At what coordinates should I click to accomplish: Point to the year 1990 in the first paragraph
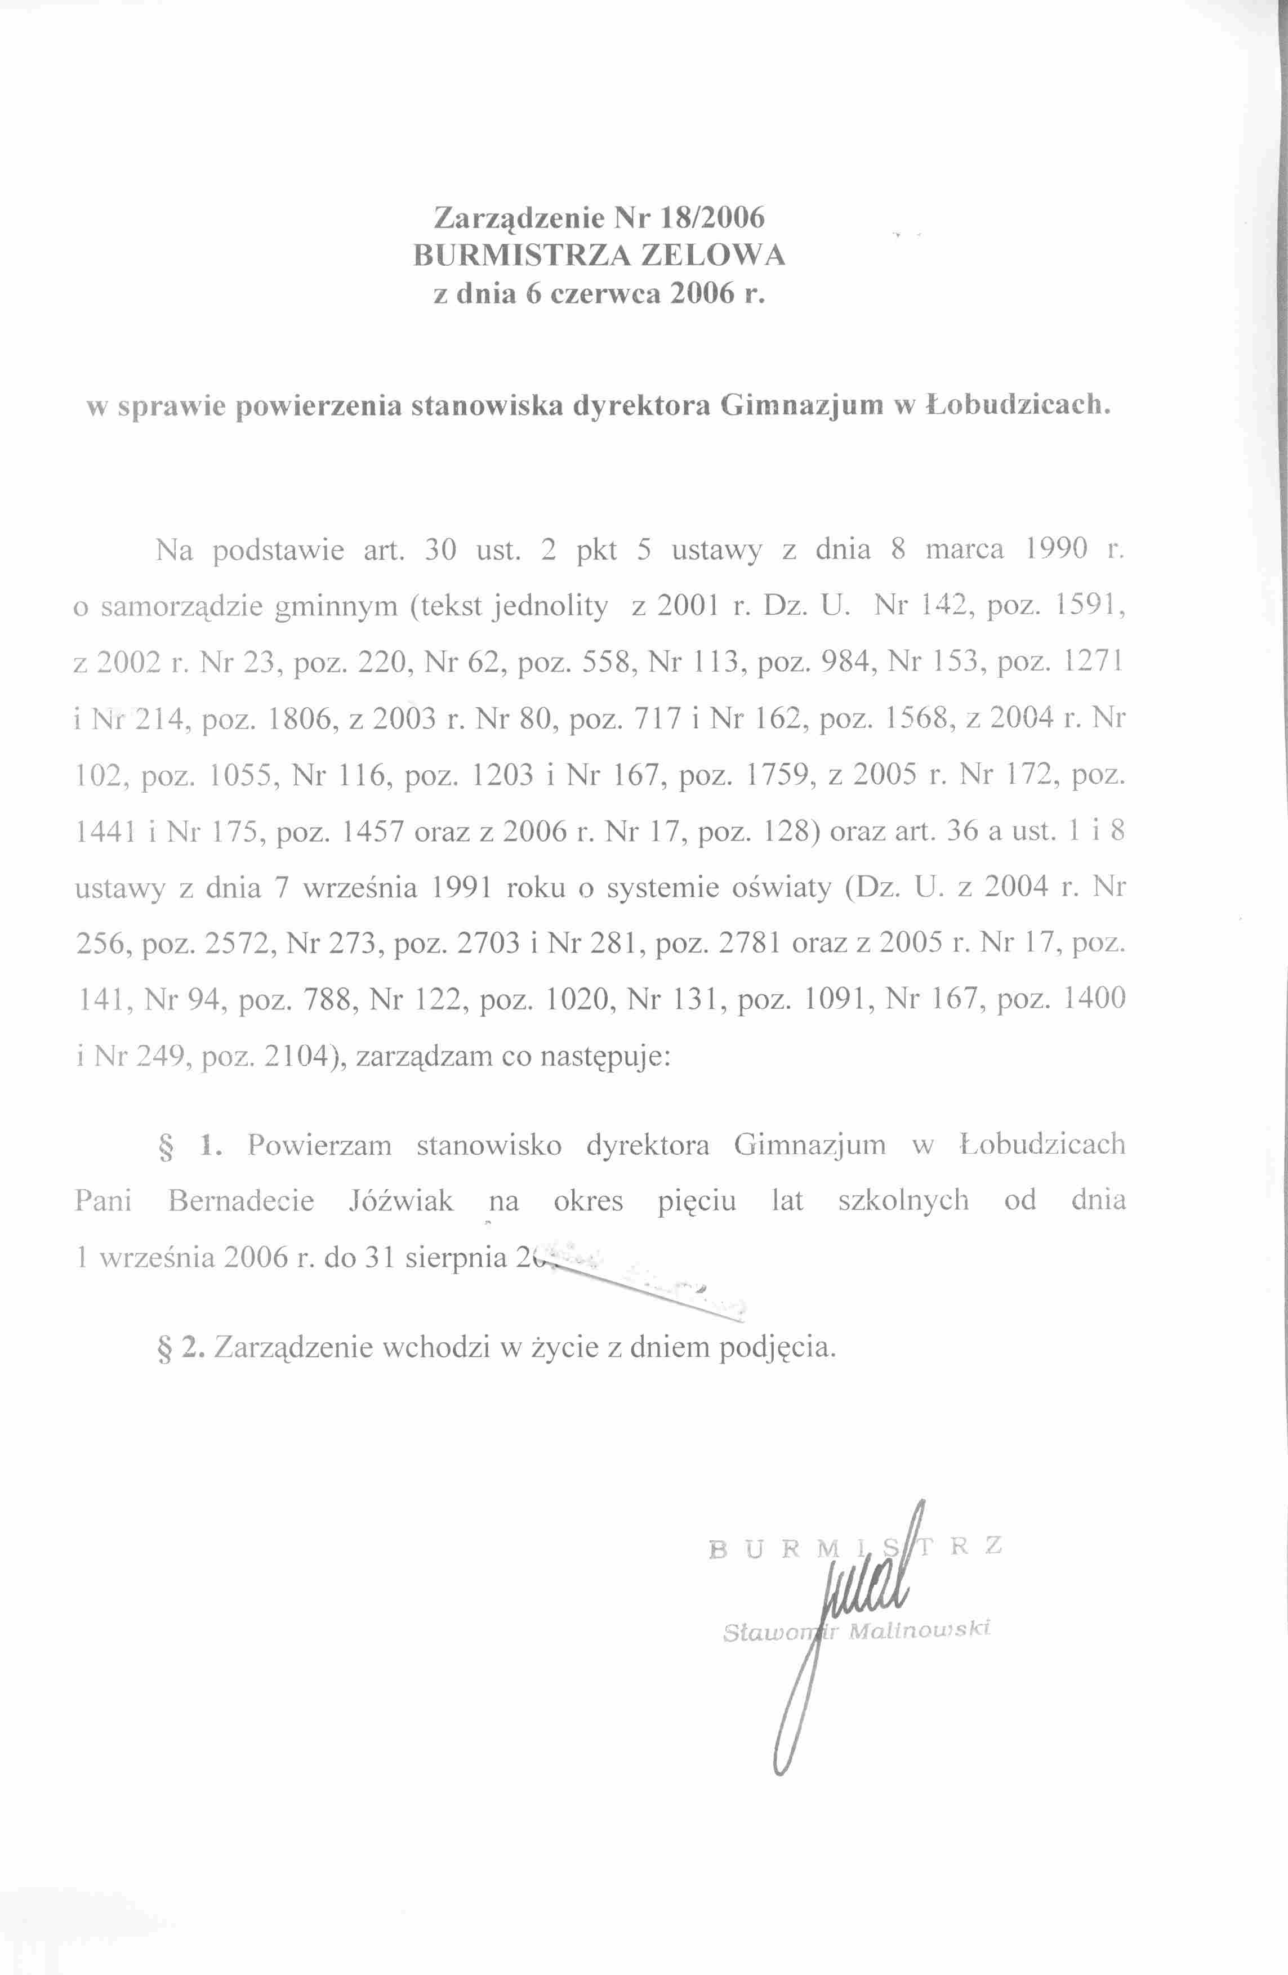pos(1057,549)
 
